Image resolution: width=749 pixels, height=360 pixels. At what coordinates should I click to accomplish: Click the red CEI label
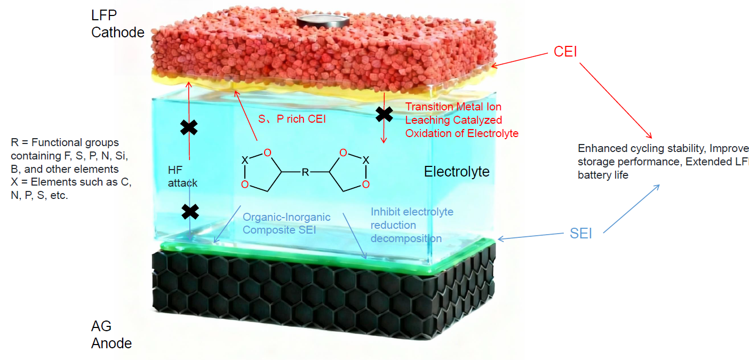point(565,52)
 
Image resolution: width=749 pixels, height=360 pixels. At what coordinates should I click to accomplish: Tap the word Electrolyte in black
point(456,172)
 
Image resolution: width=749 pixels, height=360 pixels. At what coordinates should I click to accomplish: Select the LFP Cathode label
point(117,25)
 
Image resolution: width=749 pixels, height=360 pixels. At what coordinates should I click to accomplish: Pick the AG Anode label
point(111,334)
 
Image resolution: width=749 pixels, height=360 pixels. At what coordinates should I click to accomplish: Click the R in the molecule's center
point(305,172)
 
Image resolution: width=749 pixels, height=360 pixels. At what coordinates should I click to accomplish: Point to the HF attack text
point(182,177)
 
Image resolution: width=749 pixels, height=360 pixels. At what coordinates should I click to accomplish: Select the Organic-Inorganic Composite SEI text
point(286,223)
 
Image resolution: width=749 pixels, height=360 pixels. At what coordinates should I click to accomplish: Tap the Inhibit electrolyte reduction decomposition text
point(411,225)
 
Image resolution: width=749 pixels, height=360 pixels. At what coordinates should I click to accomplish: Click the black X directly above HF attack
point(189,127)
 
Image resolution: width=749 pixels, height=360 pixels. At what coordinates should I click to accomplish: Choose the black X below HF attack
point(190,212)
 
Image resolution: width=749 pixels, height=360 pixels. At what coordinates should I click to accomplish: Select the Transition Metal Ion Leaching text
point(461,120)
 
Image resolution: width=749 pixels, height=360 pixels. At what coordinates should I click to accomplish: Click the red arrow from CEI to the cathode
point(520,60)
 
